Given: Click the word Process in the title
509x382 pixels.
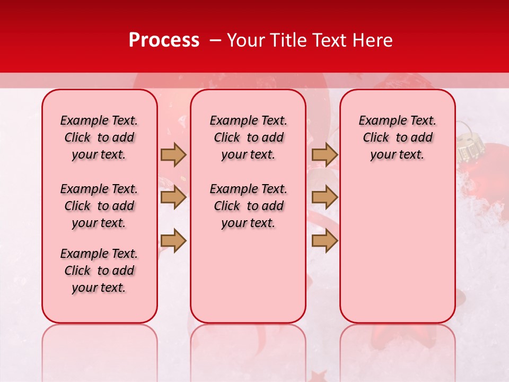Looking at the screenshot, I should click(164, 40).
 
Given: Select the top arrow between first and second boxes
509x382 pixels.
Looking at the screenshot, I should click(173, 154).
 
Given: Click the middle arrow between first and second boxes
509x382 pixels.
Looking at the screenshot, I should click(173, 198).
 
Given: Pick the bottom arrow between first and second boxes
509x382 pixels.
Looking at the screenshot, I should click(173, 241).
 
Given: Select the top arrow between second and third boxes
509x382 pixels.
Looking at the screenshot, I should click(324, 154).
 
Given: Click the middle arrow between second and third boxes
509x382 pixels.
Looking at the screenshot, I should click(324, 198).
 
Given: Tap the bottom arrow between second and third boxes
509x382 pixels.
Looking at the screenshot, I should click(324, 241).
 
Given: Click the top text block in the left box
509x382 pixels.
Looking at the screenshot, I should click(99, 137).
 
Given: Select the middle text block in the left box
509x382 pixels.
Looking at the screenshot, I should click(99, 206).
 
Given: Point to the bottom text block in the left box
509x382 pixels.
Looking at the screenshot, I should click(99, 271).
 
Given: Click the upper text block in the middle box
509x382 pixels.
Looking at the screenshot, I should click(248, 137).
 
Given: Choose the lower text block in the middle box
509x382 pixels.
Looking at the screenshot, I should click(248, 206).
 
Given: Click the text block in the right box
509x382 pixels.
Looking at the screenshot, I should click(397, 137).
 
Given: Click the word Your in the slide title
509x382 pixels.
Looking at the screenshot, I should click(243, 40).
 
